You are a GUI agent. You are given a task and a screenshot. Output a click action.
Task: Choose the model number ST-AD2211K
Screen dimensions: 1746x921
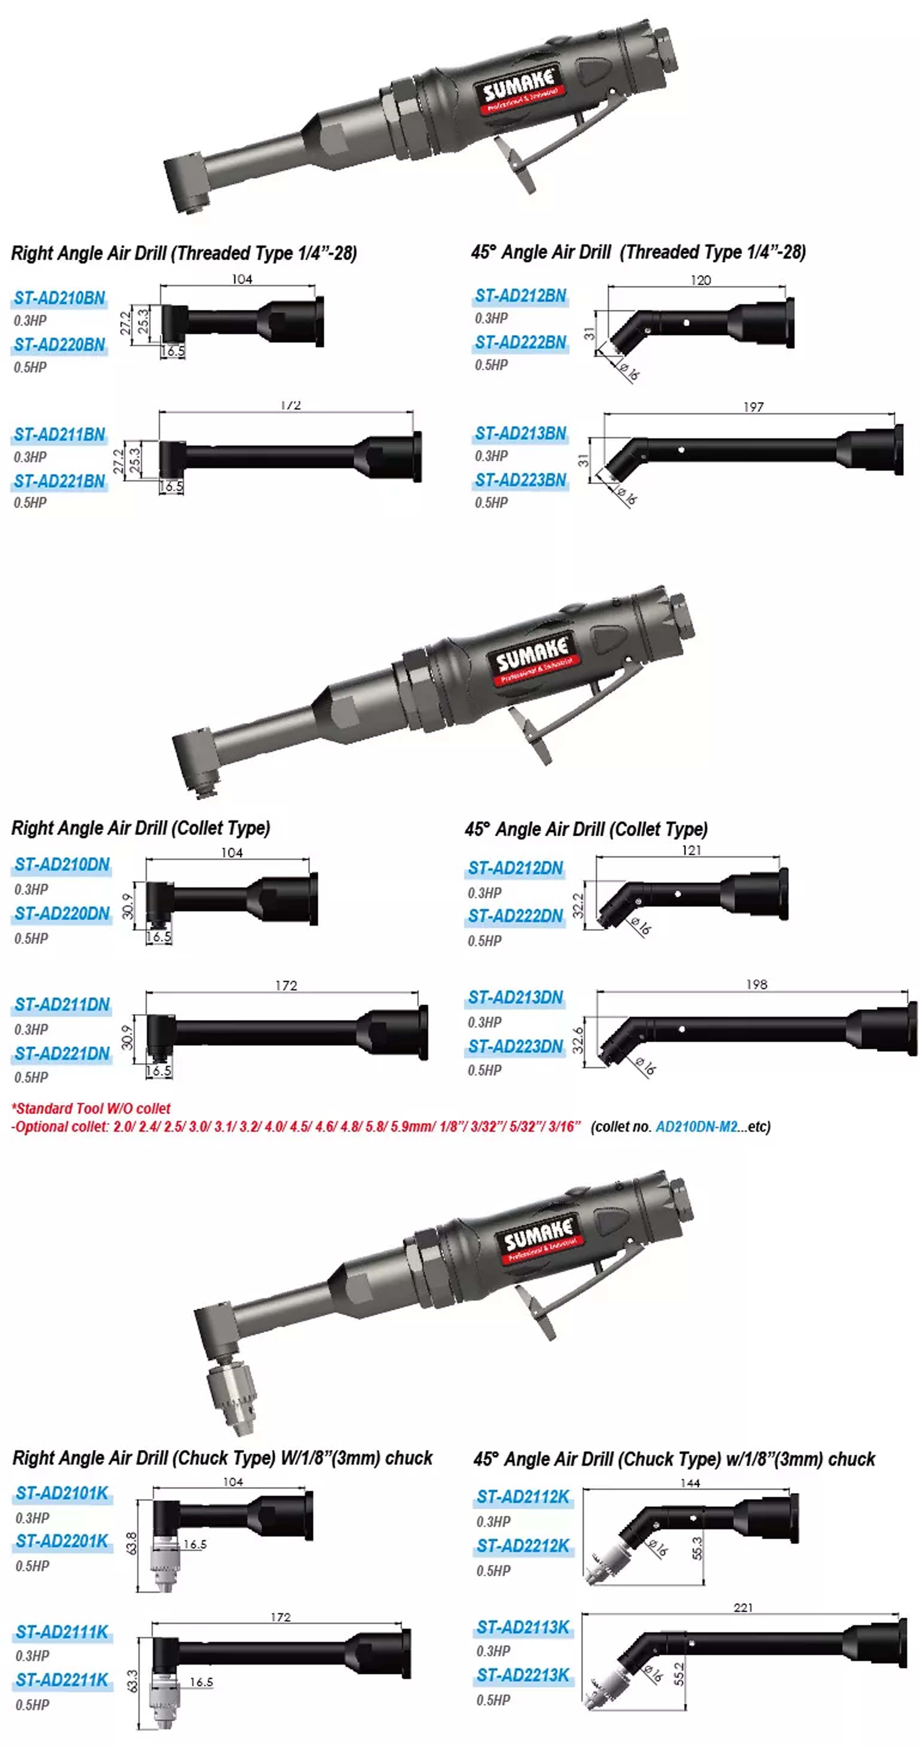pyautogui.click(x=62, y=1680)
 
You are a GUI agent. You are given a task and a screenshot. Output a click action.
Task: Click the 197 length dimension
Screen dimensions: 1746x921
pyautogui.click(x=753, y=407)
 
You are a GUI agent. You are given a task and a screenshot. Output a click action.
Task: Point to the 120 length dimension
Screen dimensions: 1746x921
pyautogui.click(x=700, y=280)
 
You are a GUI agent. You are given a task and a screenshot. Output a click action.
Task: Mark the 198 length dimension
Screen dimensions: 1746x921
pyautogui.click(x=756, y=984)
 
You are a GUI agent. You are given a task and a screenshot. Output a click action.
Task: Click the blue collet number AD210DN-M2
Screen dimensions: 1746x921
pyautogui.click(x=696, y=1126)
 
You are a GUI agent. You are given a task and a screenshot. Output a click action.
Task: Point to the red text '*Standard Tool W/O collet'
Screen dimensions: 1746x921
pyautogui.click(x=91, y=1108)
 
